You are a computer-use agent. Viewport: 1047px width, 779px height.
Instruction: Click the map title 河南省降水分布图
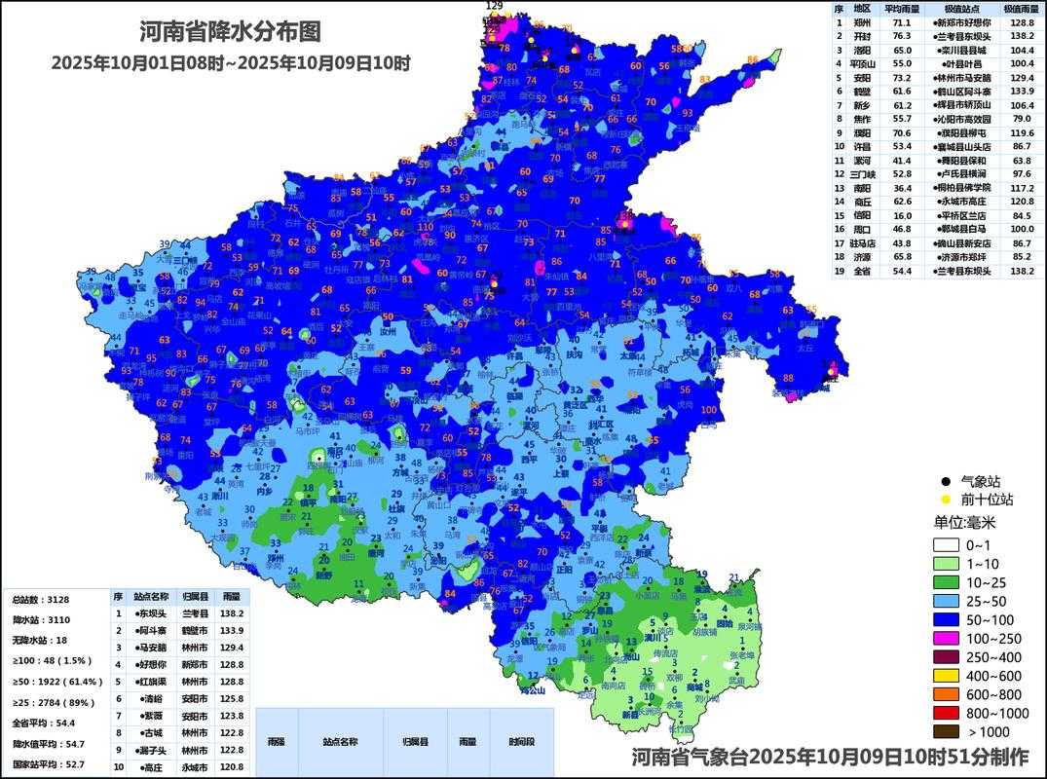pos(231,32)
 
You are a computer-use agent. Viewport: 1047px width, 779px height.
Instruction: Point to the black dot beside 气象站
pos(945,482)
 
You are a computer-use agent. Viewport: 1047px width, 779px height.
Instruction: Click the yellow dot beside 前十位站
pos(945,500)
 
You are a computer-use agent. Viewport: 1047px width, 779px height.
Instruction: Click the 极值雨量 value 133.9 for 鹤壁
pos(1022,91)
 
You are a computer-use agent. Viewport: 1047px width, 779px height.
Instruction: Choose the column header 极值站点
pos(959,9)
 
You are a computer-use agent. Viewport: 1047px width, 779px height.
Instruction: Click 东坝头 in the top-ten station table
pos(151,614)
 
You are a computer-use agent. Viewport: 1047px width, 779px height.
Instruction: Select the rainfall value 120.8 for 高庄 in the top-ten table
pos(230,767)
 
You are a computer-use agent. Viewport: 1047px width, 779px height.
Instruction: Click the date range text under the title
pos(231,63)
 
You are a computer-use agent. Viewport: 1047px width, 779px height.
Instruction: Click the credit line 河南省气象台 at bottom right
pos(829,757)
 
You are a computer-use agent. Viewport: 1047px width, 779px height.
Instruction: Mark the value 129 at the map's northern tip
pos(494,6)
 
